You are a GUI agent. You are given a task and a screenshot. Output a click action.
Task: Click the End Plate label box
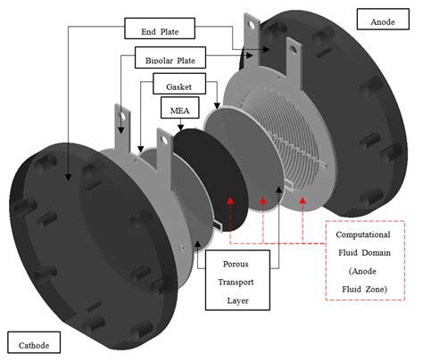click(x=161, y=30)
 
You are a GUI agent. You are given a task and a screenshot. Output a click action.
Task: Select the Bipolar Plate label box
click(x=162, y=61)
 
